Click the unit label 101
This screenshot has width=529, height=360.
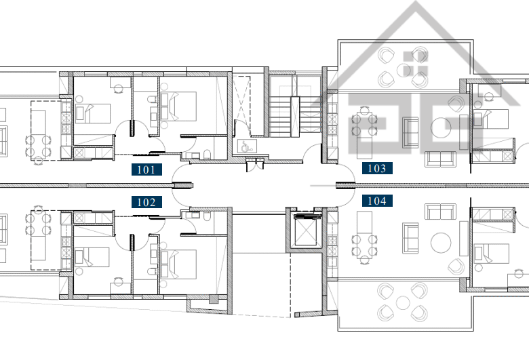tap(146, 169)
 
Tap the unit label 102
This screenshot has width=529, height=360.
tap(146, 202)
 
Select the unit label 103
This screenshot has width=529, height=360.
tap(377, 168)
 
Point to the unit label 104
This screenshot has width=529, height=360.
tap(377, 201)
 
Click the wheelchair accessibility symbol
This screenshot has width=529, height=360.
tap(248, 146)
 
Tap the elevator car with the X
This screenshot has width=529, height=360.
tap(306, 233)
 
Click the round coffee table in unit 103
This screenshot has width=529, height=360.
tap(441, 127)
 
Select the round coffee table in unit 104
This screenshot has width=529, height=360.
tap(441, 243)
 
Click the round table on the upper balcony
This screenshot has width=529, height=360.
tap(403, 70)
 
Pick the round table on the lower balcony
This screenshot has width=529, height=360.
tap(403, 302)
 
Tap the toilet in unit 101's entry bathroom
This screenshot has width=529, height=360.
tap(207, 155)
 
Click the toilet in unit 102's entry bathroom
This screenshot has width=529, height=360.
tap(207, 216)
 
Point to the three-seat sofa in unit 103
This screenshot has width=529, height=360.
tap(440, 159)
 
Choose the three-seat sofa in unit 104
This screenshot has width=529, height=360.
tap(440, 212)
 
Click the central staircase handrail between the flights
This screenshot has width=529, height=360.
tap(295, 117)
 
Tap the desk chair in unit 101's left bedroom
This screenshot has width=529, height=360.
tap(118, 89)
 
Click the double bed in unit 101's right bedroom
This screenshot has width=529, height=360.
tap(178, 106)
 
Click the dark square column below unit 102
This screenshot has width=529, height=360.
tap(214, 299)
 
